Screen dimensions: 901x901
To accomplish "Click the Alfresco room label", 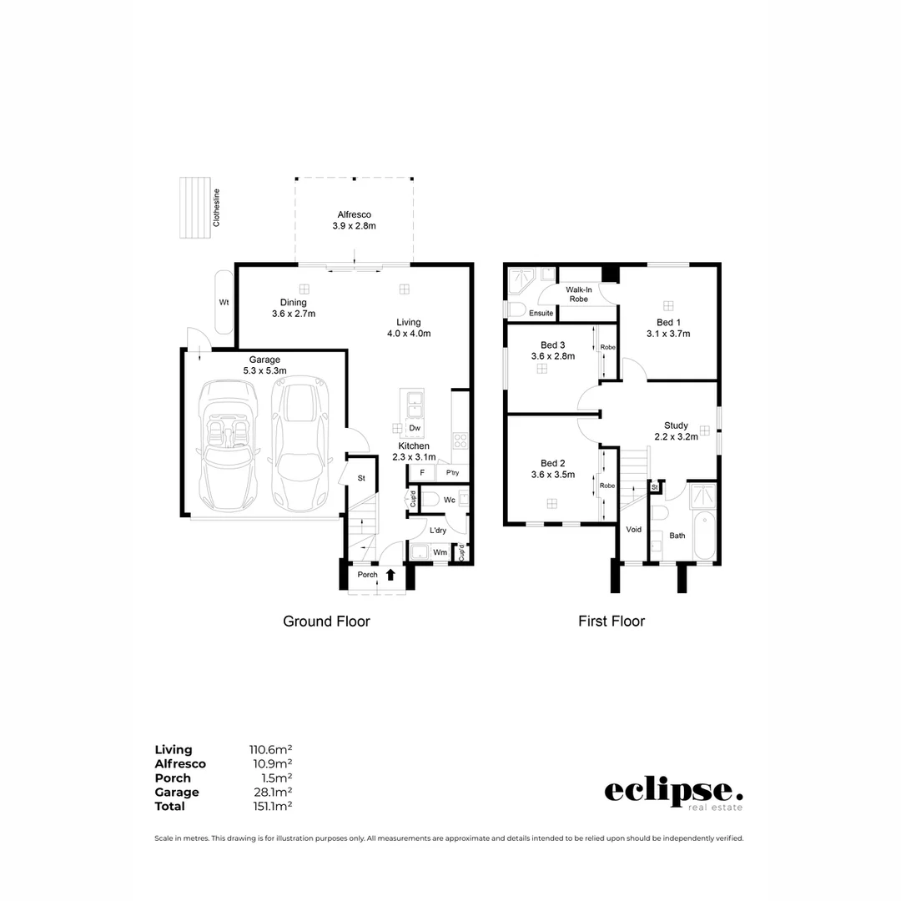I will (x=355, y=214).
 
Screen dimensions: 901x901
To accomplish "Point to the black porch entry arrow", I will (x=390, y=574).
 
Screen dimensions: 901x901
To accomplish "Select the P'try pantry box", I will (x=452, y=473).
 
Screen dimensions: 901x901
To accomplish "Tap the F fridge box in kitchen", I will (x=422, y=473).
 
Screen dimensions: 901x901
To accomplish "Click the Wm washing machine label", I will (x=440, y=552).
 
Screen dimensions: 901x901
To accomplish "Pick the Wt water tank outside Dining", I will (x=224, y=302).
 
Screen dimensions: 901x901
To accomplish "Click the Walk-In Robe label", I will (x=578, y=294).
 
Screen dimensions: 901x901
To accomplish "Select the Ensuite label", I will (x=541, y=314).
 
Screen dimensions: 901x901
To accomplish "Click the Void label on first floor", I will (x=634, y=530).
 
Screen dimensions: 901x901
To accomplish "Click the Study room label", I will (x=676, y=425).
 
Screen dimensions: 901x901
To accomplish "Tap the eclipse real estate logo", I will (x=673, y=793).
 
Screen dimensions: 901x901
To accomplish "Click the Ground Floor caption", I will (x=326, y=622).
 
